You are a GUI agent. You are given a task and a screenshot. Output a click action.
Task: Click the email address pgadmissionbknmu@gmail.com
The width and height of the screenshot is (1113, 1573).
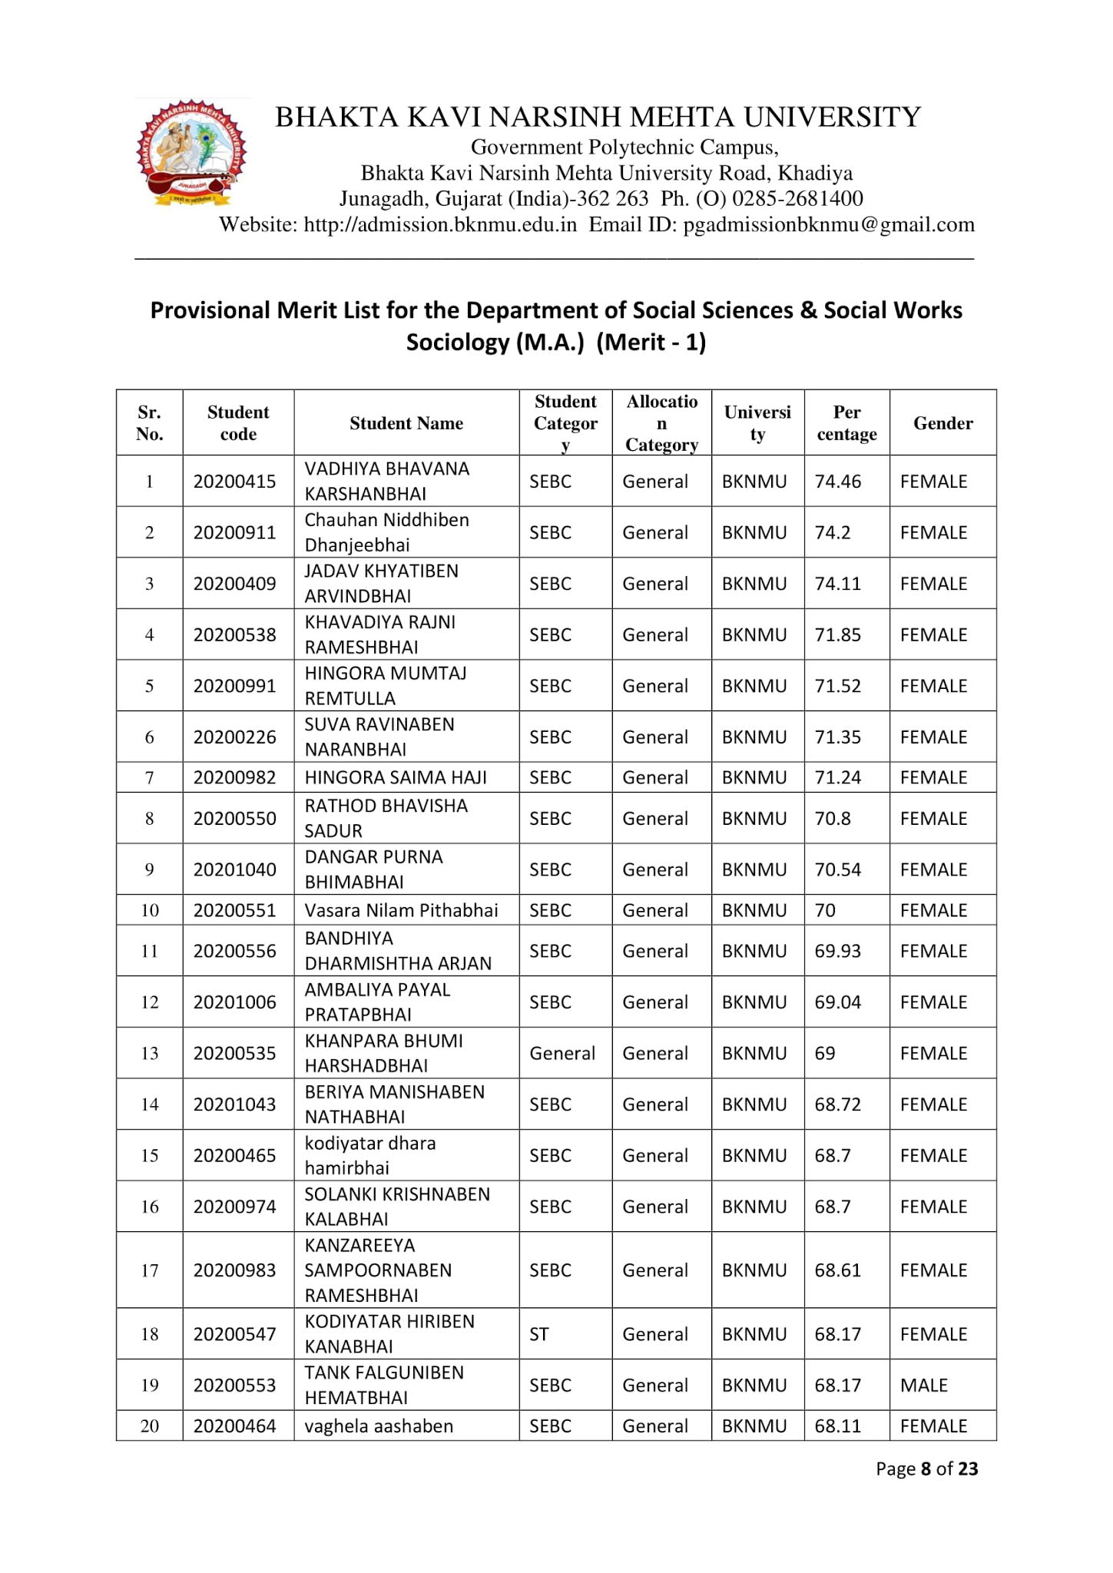pos(829,225)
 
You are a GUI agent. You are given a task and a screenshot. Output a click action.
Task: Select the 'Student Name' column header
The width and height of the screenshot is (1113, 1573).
pos(406,423)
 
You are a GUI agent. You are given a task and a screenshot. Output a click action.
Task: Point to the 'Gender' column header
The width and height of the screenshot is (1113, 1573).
pos(942,423)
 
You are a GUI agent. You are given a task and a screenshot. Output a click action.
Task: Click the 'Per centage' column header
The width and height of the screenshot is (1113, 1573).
pos(846,423)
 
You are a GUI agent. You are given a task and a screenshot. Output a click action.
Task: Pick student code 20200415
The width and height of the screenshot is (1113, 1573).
pos(234,482)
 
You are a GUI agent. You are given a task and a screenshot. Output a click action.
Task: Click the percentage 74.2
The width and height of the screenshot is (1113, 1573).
pos(833,532)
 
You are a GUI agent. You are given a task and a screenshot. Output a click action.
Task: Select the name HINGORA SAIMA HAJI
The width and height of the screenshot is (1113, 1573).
pos(396,777)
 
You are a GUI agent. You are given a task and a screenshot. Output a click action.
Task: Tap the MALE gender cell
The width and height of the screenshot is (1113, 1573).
pos(923,1385)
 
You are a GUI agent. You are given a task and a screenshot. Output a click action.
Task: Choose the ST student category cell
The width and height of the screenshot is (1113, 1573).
pos(539,1334)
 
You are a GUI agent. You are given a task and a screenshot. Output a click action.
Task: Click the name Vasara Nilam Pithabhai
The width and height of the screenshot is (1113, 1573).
pos(401,910)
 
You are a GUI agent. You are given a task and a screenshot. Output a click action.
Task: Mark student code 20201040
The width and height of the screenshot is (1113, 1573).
pos(234,869)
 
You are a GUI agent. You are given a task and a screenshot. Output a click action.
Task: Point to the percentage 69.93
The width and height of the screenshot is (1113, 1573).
pos(838,951)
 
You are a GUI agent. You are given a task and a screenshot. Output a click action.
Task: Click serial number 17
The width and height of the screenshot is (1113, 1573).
pos(149,1270)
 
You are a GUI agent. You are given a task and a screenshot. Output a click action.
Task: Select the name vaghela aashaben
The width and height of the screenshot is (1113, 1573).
pos(379,1426)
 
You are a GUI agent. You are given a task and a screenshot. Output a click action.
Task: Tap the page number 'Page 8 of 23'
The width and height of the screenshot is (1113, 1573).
pos(926,1469)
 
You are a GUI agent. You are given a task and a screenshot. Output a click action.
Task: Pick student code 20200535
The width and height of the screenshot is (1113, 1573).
pos(234,1053)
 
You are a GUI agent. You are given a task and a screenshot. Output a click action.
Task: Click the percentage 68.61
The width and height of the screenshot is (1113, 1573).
pos(838,1270)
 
